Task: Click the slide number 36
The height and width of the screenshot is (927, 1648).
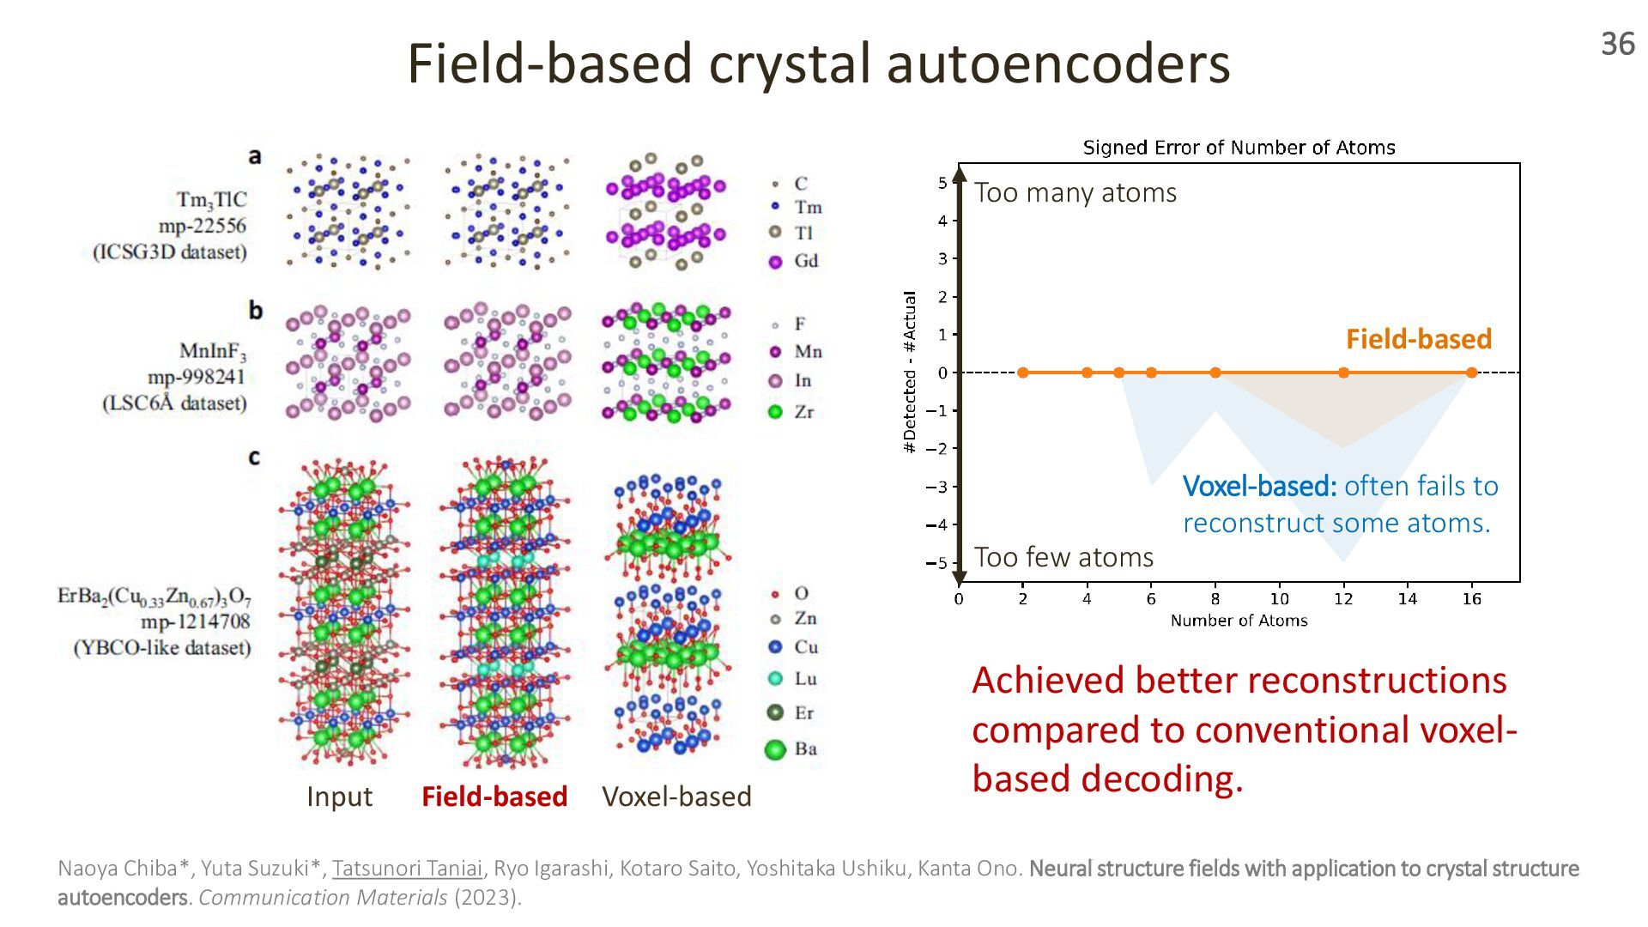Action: click(1617, 44)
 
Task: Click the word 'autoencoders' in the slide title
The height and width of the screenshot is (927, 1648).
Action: click(1057, 64)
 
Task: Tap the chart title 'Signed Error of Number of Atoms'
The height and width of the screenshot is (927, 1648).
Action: click(1239, 148)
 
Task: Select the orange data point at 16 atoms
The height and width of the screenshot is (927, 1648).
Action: click(1471, 373)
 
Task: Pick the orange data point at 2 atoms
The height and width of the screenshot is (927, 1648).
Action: click(1022, 373)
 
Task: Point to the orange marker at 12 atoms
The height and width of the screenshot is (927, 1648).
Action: click(1343, 373)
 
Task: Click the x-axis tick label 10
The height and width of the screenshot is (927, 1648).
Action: click(1279, 599)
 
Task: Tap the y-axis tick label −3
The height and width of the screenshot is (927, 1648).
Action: click(936, 487)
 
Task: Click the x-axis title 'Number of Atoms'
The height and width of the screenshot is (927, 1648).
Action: click(1239, 621)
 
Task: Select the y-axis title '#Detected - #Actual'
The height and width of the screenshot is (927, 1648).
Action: click(910, 372)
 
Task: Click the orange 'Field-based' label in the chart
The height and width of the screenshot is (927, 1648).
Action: click(1418, 339)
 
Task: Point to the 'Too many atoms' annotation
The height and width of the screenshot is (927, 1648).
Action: click(1075, 193)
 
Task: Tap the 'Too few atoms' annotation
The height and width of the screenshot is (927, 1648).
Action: click(1063, 558)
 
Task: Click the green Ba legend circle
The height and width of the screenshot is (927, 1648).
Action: click(775, 749)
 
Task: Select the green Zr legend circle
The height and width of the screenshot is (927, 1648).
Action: click(775, 412)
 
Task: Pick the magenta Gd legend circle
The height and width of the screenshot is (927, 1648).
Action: click(776, 262)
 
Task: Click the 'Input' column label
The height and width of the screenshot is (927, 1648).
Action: click(339, 797)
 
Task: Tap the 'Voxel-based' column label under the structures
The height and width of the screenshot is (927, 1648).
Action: click(676, 797)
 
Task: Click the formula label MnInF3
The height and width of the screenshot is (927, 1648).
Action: click(213, 351)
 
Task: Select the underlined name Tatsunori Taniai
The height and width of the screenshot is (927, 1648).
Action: click(407, 869)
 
